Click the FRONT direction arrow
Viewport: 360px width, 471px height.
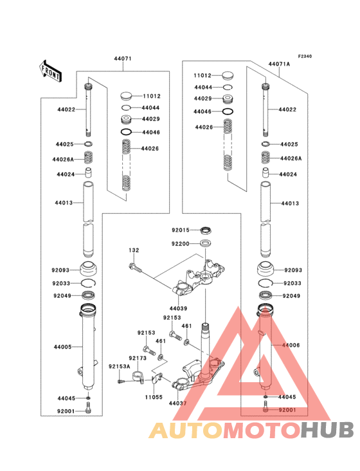[x=50, y=71]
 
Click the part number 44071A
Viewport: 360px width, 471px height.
[x=279, y=64]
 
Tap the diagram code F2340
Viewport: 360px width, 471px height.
[x=305, y=56]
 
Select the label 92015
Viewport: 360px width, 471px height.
[x=181, y=230]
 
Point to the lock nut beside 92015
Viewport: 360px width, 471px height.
[x=206, y=230]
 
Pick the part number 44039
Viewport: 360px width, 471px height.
[x=178, y=308]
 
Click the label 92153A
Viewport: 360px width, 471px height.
[x=120, y=367]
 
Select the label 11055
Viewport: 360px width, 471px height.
[x=154, y=397]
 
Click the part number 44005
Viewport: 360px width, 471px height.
[x=63, y=347]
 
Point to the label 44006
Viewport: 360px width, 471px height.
[x=291, y=345]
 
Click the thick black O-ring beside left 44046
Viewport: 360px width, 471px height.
[x=127, y=132]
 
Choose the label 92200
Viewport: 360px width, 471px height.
[x=180, y=244]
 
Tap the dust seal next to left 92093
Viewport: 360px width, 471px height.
[x=88, y=269]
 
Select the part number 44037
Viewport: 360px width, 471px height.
[x=177, y=403]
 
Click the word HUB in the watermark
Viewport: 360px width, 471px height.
[x=328, y=430]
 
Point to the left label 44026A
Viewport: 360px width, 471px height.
[x=63, y=160]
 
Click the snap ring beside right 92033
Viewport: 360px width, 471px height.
[x=265, y=283]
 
